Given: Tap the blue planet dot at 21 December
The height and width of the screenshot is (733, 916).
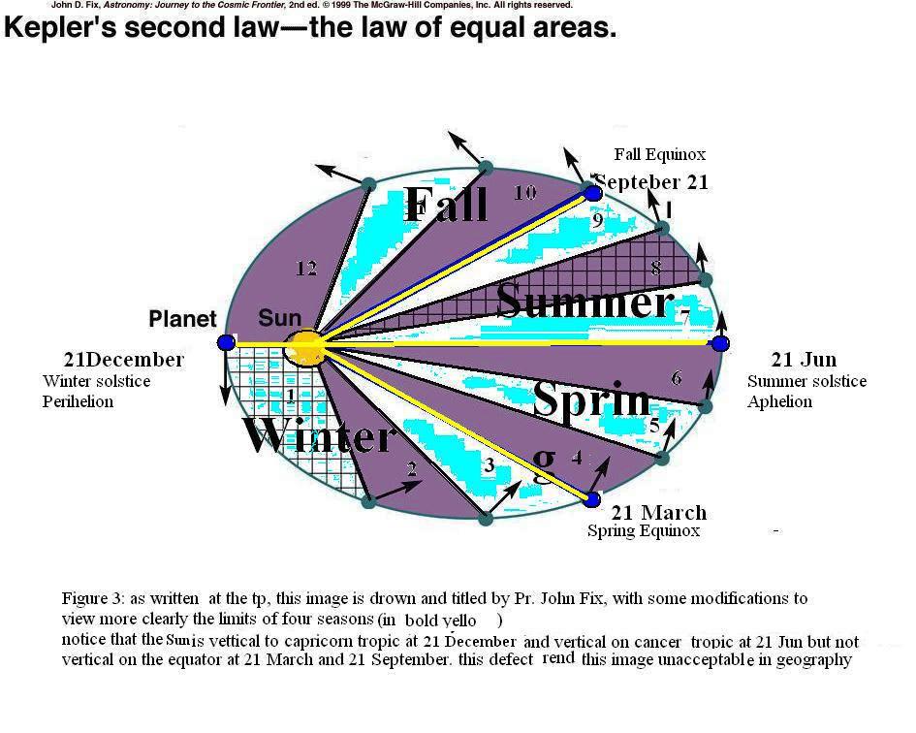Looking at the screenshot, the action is click(x=226, y=342).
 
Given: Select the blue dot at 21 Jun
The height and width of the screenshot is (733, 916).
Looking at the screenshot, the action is click(x=719, y=343).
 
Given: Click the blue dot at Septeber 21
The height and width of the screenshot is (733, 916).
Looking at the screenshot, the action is click(x=593, y=193).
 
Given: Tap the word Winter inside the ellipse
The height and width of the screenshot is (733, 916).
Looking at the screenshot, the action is click(x=319, y=436).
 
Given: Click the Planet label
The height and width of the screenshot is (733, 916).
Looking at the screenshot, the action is click(x=182, y=319).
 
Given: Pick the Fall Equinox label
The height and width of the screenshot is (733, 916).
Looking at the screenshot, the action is click(x=659, y=154).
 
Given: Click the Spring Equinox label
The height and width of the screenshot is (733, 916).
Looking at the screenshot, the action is click(x=643, y=531).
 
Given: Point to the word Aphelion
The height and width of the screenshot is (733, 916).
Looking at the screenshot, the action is click(x=779, y=401).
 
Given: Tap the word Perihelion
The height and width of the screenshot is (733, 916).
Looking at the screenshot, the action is click(x=78, y=400).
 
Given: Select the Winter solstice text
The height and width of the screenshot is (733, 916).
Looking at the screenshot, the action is click(x=96, y=381).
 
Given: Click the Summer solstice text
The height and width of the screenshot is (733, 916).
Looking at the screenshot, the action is click(x=806, y=381).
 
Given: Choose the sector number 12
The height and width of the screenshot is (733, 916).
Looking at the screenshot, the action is click(x=305, y=269).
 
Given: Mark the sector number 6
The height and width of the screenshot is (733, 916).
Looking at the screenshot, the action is click(x=677, y=378).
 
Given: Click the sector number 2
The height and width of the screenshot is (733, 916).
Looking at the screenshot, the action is click(x=411, y=469).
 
